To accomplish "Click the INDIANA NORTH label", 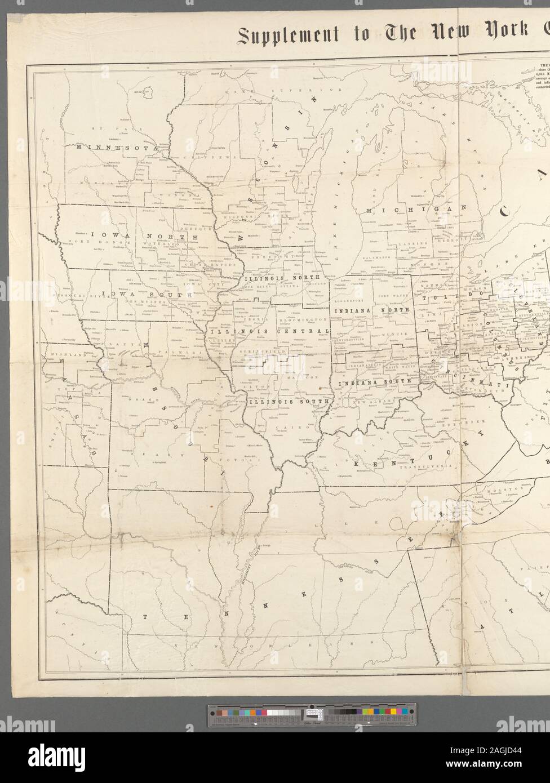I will pyautogui.click(x=363, y=310).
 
